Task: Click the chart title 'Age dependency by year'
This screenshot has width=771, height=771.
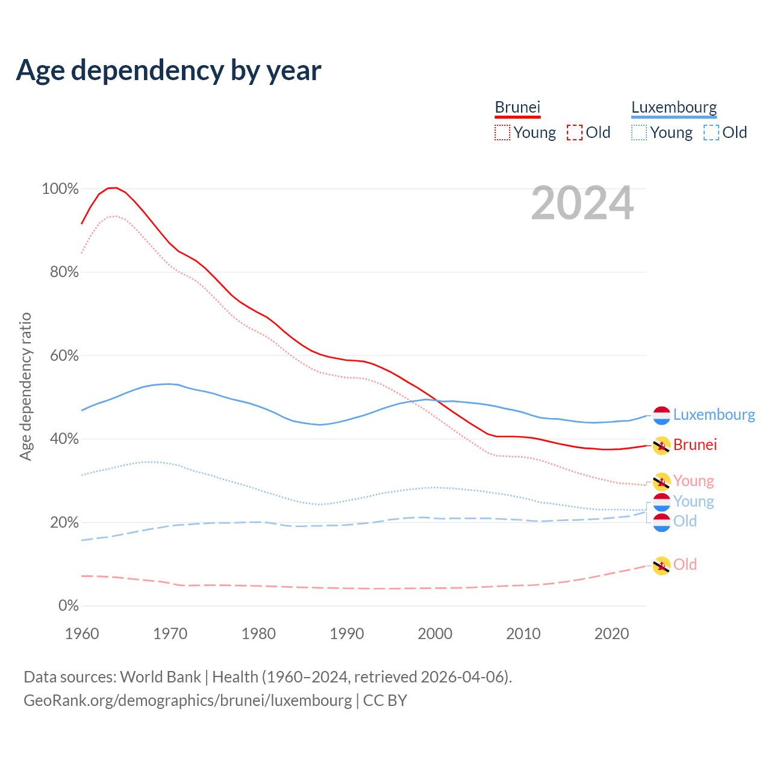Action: coord(169,70)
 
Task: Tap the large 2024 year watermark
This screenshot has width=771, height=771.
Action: coord(582,204)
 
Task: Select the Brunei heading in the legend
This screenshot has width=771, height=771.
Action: coord(517,108)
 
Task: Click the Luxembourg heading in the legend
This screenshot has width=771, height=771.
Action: coord(674,108)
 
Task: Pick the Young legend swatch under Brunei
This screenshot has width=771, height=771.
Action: coord(502,133)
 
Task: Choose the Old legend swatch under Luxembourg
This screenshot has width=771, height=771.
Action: coord(711,133)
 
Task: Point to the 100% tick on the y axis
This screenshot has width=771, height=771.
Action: coord(60,189)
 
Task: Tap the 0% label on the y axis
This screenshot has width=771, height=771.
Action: coord(69,606)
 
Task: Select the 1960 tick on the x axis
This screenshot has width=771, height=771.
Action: coord(82,634)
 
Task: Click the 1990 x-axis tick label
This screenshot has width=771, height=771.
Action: coord(347,634)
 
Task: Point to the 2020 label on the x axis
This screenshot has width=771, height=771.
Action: coord(612,634)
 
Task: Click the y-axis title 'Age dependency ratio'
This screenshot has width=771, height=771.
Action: coord(25,386)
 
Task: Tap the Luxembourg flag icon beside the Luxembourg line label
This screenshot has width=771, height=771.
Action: coord(661,415)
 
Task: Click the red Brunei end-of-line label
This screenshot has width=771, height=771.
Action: coord(695,445)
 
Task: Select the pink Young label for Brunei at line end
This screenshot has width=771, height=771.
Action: coord(693,481)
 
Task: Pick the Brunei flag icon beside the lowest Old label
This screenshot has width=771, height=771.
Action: coord(661,566)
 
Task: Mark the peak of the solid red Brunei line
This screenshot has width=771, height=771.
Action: coord(113,187)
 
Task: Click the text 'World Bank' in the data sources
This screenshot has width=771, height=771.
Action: coord(160,677)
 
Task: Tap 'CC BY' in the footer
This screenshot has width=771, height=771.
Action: coord(385,701)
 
